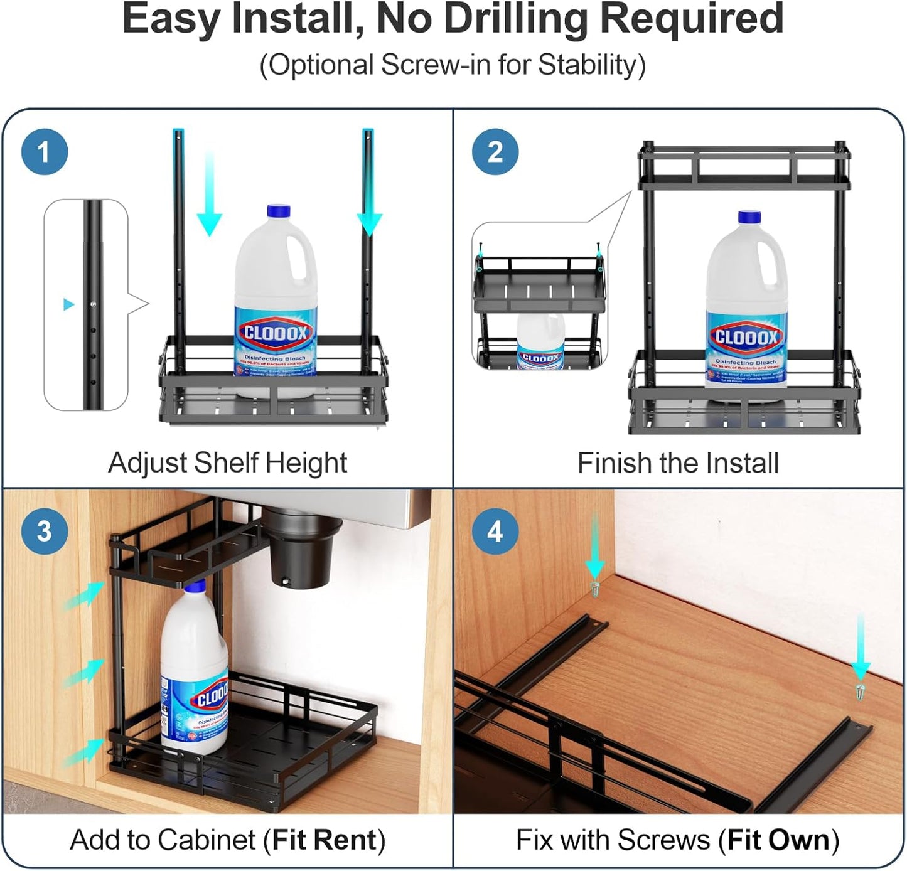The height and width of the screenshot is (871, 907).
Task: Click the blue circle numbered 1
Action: [44, 152]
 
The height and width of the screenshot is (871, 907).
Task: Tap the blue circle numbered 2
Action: [495, 152]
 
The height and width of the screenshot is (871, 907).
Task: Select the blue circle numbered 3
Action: [44, 531]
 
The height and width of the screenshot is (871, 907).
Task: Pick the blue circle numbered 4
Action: [495, 531]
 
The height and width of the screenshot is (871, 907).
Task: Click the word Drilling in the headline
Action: [515, 19]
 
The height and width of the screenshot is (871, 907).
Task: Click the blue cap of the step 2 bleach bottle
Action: [749, 218]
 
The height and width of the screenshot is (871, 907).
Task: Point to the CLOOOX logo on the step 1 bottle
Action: [275, 333]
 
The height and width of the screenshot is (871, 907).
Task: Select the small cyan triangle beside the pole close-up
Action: [68, 305]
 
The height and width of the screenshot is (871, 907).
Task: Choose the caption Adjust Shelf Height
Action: [227, 463]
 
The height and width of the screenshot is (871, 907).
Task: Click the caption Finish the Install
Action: [678, 463]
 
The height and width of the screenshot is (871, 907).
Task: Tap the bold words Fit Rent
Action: [324, 840]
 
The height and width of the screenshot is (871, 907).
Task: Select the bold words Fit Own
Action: [778, 840]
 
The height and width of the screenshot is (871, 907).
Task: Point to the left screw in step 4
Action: [594, 588]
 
